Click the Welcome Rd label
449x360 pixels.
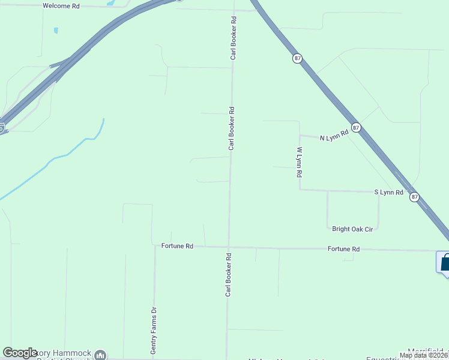61,5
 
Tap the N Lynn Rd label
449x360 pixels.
334,137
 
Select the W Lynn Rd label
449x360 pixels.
298,162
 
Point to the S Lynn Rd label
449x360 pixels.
388,192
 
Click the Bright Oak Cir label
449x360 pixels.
352,229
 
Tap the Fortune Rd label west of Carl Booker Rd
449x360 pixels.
177,246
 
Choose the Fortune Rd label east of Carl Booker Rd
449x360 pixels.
343,248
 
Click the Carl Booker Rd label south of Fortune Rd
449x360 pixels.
228,275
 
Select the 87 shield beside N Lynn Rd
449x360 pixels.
356,128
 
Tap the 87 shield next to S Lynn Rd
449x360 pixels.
414,197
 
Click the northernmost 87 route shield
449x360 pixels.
298,58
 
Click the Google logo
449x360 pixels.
20,353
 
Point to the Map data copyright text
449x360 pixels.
424,355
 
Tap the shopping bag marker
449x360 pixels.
445,263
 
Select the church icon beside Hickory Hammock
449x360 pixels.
100,355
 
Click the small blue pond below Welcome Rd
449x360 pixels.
56,30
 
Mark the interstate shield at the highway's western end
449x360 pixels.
2,127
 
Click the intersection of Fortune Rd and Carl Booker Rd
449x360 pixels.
228,247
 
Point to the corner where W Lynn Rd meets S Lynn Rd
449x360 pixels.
300,190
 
